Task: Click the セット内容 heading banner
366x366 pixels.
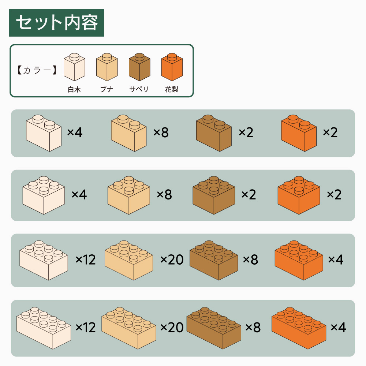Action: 56,23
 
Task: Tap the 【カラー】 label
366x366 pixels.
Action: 37,70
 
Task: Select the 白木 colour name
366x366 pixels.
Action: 74,89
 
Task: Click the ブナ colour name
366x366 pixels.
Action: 107,89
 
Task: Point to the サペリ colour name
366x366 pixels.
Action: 139,89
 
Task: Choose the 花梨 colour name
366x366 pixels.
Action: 172,89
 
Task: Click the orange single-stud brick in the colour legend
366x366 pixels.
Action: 172,67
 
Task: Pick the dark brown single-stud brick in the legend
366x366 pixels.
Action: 139,67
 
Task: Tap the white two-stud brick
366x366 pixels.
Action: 44,133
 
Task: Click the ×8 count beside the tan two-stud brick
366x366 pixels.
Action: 161,132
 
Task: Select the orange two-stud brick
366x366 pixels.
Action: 299,133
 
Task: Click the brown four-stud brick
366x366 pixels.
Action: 214,195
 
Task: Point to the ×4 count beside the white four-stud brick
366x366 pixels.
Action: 79,194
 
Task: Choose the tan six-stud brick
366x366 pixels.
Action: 129,260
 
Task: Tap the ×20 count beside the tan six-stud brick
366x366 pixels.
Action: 172,259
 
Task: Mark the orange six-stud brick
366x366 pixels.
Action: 299,260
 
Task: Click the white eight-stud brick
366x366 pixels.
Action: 44,328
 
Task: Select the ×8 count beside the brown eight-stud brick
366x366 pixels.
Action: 253,327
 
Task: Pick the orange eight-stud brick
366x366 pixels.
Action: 299,328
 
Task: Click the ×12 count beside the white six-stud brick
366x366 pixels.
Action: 86,259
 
